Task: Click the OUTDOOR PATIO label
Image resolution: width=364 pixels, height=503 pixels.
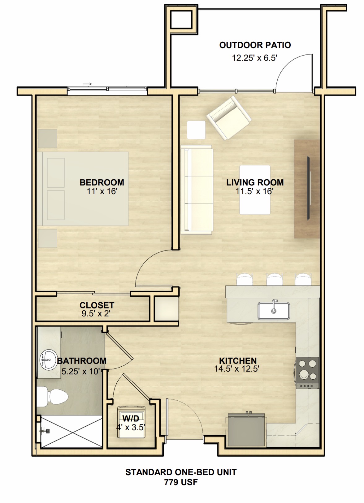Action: (x=255, y=45)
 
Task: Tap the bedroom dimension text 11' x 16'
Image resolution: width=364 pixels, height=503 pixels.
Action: (x=102, y=191)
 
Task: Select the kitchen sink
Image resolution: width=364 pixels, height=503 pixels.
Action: (x=274, y=311)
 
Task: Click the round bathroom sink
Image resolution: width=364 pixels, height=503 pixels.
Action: (x=48, y=360)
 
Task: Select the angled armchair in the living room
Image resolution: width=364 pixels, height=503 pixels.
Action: (x=229, y=118)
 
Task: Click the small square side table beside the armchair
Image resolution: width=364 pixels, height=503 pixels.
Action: (x=196, y=130)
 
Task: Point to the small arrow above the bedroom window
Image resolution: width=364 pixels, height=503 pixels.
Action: (x=88, y=84)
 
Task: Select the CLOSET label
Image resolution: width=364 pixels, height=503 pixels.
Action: (x=97, y=305)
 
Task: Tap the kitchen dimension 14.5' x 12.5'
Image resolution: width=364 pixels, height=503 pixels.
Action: (x=237, y=369)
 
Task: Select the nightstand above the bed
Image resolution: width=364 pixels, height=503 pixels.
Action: (x=47, y=138)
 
